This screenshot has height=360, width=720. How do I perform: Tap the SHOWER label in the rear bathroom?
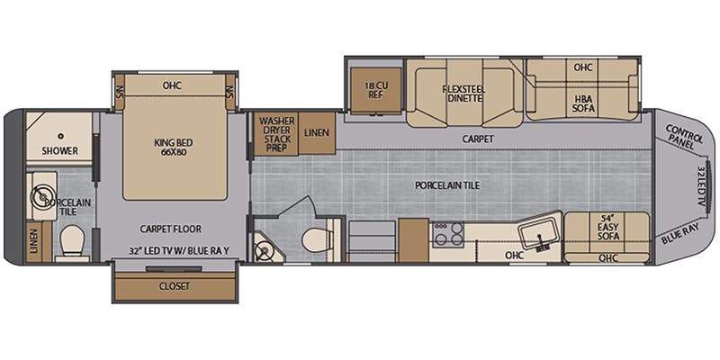point(59,150)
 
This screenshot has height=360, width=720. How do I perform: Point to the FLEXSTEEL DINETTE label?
point(463,94)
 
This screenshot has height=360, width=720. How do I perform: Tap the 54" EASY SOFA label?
point(616,229)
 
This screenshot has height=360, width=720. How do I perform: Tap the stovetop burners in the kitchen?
point(446,234)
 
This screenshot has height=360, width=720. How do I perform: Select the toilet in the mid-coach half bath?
point(316,240)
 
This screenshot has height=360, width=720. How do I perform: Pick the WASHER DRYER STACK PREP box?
point(276,133)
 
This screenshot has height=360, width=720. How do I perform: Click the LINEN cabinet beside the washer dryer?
point(316,133)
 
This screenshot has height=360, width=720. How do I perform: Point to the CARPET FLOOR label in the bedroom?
point(171,229)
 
